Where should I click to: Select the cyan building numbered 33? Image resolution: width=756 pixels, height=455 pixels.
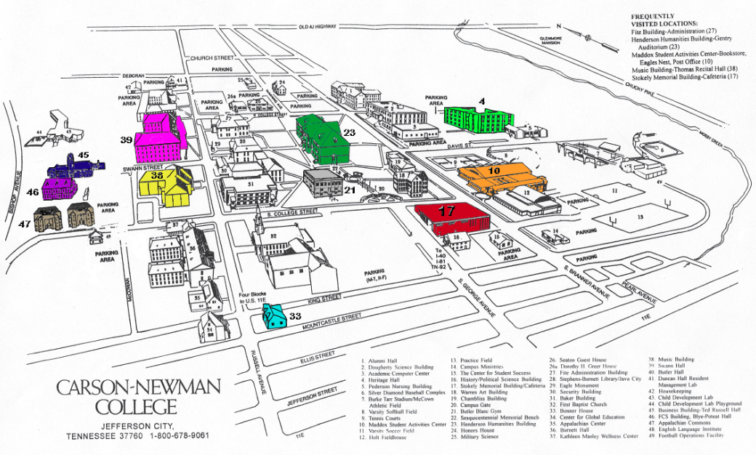[273, 317]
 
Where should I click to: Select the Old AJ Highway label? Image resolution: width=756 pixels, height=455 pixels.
[318, 27]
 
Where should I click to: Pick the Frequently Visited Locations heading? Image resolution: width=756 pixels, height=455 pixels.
[664, 20]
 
